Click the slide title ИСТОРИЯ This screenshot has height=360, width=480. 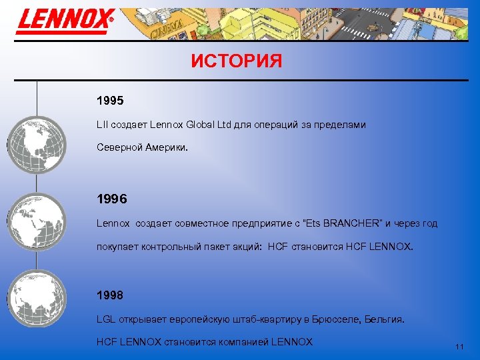click(x=236, y=61)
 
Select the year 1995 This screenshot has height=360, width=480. click(x=110, y=102)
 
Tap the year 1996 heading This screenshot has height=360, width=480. click(x=111, y=199)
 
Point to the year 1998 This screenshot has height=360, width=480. click(x=110, y=295)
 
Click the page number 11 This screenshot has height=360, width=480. click(x=459, y=347)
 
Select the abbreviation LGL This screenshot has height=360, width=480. click(x=107, y=320)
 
